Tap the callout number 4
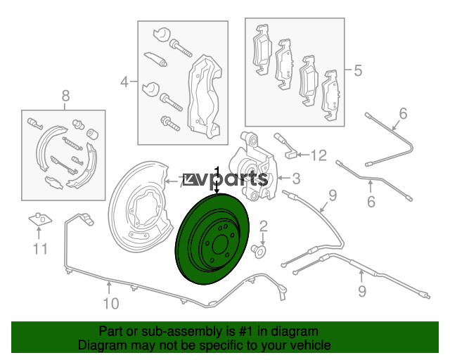click(x=124, y=82)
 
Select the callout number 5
click(x=358, y=70)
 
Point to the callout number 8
click(x=65, y=96)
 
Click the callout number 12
click(x=319, y=155)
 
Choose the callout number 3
click(x=296, y=179)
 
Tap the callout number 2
click(x=264, y=226)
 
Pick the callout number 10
click(x=111, y=304)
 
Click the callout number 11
click(x=40, y=249)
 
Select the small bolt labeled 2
click(x=258, y=252)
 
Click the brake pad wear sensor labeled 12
click(x=286, y=146)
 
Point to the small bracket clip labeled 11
click(x=40, y=219)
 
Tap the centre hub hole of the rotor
click(x=219, y=244)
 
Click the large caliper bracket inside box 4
click(x=205, y=96)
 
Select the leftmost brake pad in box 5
click(x=262, y=50)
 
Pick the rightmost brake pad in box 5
click(x=332, y=95)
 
